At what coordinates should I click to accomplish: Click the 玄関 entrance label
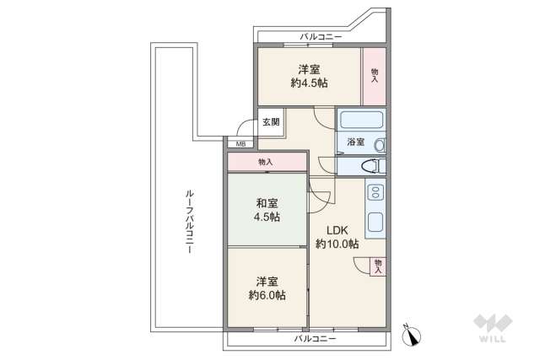pos(269,122)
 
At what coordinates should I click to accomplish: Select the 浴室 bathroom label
pos(356,142)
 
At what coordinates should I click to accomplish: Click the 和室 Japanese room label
pos(267,202)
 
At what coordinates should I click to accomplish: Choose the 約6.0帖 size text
pos(267,296)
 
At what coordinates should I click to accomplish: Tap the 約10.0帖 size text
pos(337,244)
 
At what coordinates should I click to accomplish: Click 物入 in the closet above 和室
pos(265,162)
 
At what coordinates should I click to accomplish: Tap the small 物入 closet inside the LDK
pos(378,266)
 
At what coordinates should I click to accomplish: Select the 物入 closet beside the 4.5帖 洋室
pos(374,75)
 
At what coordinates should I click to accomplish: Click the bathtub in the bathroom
pos(361,120)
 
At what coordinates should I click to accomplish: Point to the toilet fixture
pos(374,166)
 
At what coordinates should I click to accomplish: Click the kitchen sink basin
pos(375,224)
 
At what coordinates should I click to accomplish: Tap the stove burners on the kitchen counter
pos(375,194)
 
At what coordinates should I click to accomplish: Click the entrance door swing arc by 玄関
pos(246,129)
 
